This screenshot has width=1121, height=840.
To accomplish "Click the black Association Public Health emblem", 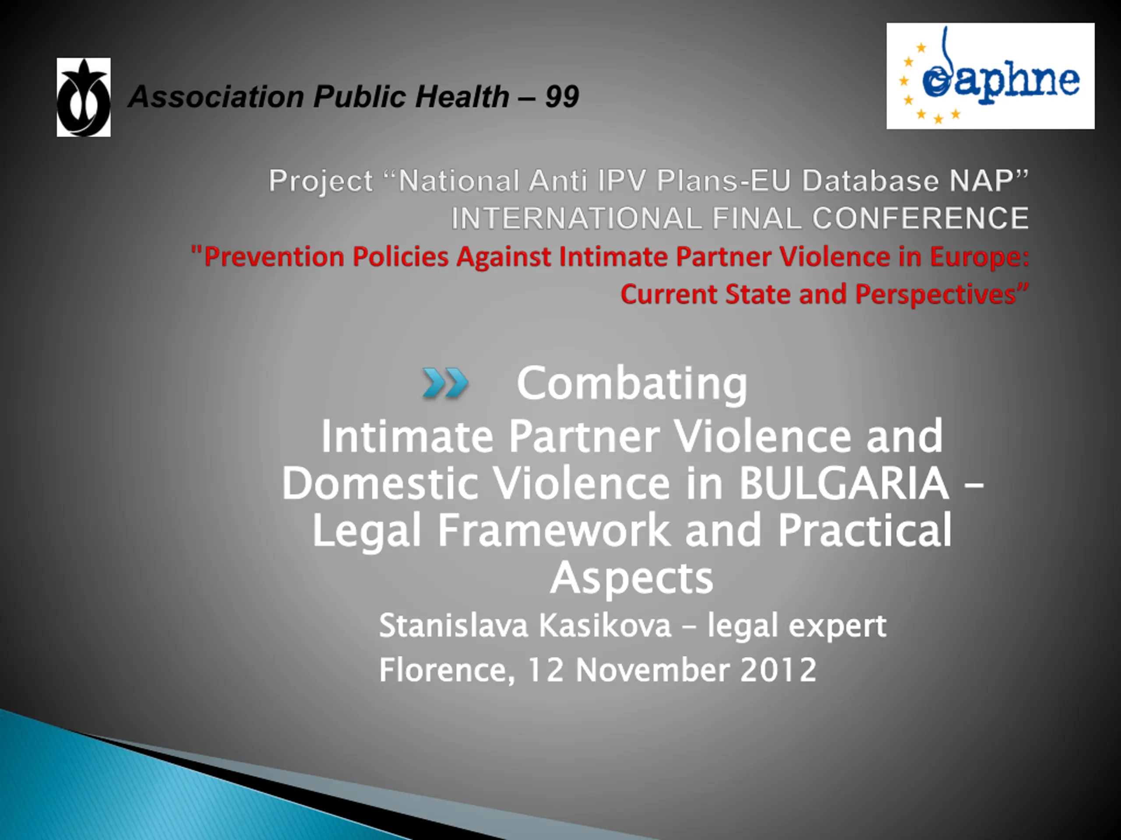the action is click(84, 97).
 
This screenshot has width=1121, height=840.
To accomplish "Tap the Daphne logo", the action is click(990, 76).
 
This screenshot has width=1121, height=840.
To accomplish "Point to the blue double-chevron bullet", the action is click(445, 383).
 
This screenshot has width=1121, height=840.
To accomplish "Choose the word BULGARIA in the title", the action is click(844, 483).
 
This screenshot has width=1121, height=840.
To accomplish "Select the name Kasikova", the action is click(605, 626).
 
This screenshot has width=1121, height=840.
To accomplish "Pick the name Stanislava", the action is click(454, 626).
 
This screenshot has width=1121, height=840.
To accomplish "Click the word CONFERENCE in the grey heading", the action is click(920, 218).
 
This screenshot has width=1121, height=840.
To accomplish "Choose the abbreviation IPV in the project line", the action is click(622, 181).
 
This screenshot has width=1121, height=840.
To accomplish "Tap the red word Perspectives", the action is click(935, 294).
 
